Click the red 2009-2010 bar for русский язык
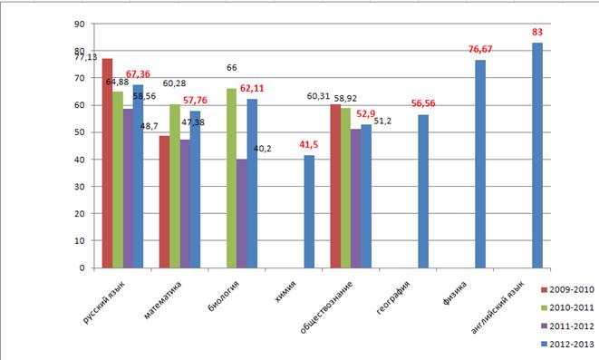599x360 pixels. tap(107, 163)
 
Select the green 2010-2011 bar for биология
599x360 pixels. tap(231, 178)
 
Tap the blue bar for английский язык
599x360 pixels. tap(537, 155)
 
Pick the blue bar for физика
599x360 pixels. tap(480, 164)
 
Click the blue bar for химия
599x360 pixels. tap(309, 211)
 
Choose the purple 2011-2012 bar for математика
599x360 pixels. tap(185, 204)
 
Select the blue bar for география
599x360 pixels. tap(423, 191)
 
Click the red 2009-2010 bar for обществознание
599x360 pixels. tap(335, 186)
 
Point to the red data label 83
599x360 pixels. tap(537, 32)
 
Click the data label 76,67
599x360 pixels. tap(480, 49)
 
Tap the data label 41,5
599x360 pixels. tap(309, 145)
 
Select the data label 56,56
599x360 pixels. tap(423, 103)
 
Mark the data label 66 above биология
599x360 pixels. tap(231, 68)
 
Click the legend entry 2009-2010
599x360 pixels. tap(567, 289)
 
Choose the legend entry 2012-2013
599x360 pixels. tap(567, 345)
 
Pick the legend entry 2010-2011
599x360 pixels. tap(567, 307)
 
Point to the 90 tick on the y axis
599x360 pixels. tap(80, 24)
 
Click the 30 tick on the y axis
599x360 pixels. tap(80, 187)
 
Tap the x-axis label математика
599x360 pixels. tap(163, 300)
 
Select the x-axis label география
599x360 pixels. tap(393, 298)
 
